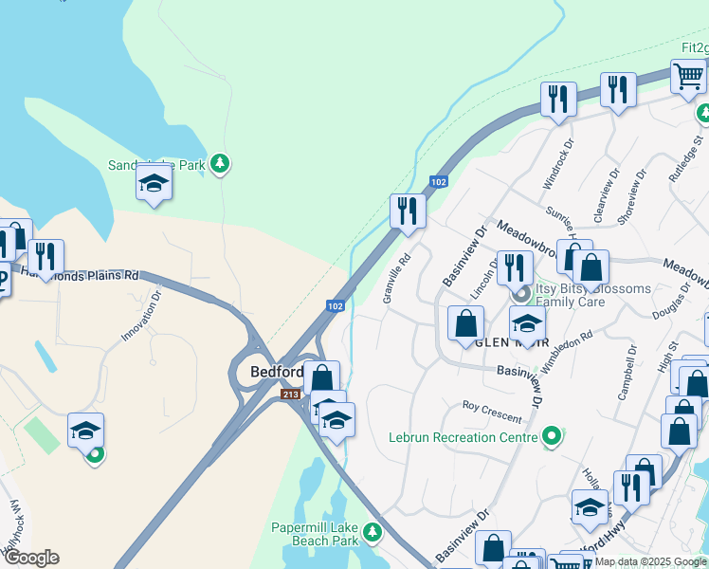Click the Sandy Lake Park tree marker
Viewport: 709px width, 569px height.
click(220, 164)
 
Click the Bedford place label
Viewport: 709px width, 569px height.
click(276, 372)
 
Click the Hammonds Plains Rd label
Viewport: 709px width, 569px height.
click(99, 273)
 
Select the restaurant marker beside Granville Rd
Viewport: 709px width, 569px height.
click(408, 211)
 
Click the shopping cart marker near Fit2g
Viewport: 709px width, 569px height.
click(689, 77)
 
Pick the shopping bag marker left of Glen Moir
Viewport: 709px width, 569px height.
click(465, 323)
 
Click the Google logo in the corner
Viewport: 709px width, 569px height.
click(30, 558)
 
